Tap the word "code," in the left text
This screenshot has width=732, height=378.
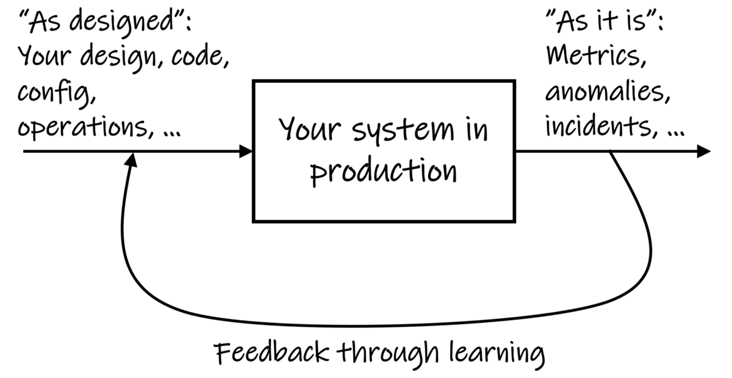[200, 55]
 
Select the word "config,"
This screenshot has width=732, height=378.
[57, 94]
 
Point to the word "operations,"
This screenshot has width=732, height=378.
[85, 127]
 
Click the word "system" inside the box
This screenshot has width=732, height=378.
[403, 130]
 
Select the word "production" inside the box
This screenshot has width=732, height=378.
[384, 171]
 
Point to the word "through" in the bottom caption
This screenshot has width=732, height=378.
[387, 354]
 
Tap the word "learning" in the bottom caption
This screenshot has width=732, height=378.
[497, 355]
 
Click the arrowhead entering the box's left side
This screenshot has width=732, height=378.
[246, 151]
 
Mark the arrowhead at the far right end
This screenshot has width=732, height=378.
[704, 151]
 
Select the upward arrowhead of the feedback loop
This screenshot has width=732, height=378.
[131, 160]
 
